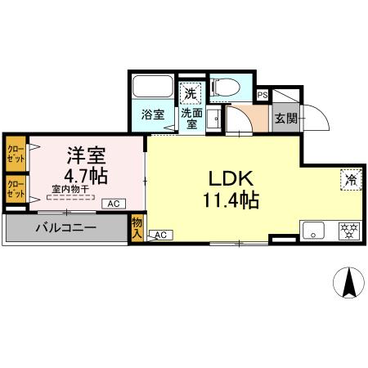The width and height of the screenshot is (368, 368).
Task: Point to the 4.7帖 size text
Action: coord(84,174)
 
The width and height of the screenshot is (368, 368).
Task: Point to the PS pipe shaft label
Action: coord(262,95)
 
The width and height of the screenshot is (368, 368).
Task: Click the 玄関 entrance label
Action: coord(285,118)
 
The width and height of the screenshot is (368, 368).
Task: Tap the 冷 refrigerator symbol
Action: coord(349,180)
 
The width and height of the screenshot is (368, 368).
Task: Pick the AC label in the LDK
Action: coord(160,236)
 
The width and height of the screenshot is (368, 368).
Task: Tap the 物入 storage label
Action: coord(137,227)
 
